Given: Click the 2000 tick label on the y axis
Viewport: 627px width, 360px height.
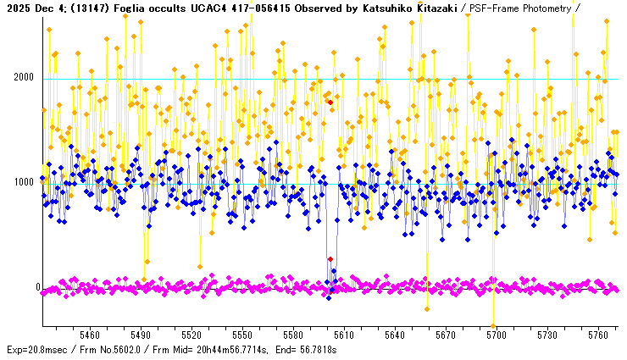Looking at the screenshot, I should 22,78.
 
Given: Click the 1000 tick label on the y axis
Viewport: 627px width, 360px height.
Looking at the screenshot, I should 22,183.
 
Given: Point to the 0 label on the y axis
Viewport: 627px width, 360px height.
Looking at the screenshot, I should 37,288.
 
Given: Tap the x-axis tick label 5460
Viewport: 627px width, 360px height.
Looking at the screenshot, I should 89,335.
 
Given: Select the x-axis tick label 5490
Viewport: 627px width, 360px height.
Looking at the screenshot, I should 141,335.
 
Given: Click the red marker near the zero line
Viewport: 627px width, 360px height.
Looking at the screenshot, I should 330,259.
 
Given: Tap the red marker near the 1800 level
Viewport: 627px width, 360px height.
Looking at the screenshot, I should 330,102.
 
